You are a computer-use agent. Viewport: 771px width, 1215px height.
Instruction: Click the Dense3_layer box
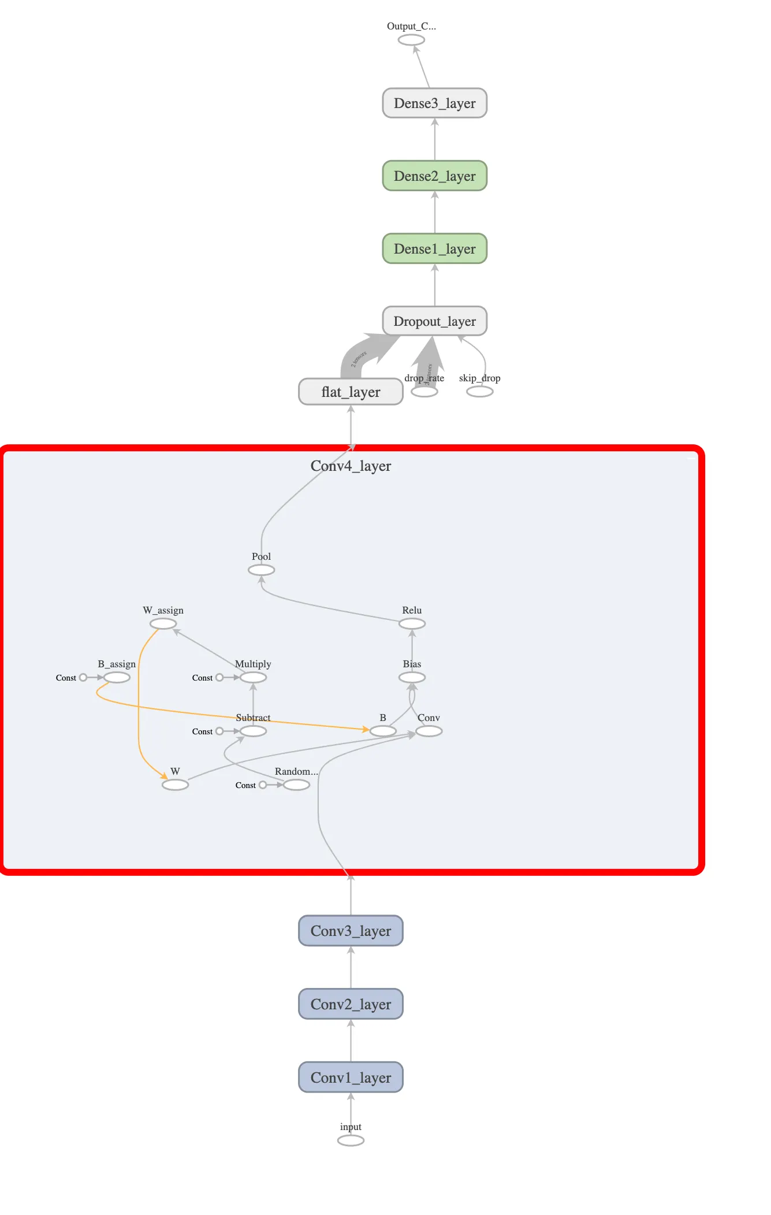pos(434,103)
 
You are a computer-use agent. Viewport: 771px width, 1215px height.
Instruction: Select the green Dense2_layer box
pos(434,176)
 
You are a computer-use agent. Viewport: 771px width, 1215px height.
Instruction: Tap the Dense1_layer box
pos(434,249)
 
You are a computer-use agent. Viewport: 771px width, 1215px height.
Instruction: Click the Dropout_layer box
pos(434,321)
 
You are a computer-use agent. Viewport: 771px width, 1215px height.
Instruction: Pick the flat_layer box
pos(351,392)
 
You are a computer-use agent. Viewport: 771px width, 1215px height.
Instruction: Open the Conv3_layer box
pos(351,931)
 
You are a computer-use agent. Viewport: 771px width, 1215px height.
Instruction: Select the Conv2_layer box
pos(351,1004)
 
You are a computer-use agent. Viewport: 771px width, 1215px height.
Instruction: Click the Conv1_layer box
pos(351,1077)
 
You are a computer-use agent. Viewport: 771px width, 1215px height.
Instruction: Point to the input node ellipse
pos(351,1140)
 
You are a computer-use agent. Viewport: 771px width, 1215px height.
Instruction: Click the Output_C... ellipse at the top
pos(411,40)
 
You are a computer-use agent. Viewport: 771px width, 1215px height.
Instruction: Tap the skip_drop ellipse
pos(479,392)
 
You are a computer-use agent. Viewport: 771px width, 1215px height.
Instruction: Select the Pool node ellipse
pos(261,570)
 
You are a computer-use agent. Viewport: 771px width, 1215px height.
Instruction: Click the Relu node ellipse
pos(412,624)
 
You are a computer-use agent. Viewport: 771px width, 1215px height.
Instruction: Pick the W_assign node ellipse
pos(163,624)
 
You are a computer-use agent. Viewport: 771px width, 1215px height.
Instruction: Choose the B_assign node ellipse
pos(117,678)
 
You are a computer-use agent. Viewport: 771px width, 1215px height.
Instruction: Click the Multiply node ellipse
pos(253,678)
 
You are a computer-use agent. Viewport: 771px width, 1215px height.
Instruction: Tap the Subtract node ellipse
pos(253,731)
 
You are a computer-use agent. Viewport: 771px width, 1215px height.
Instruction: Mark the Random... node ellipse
pos(296,785)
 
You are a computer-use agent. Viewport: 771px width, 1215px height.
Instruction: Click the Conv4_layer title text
pos(351,466)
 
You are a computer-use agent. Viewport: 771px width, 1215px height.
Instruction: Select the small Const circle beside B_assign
pos(83,678)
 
